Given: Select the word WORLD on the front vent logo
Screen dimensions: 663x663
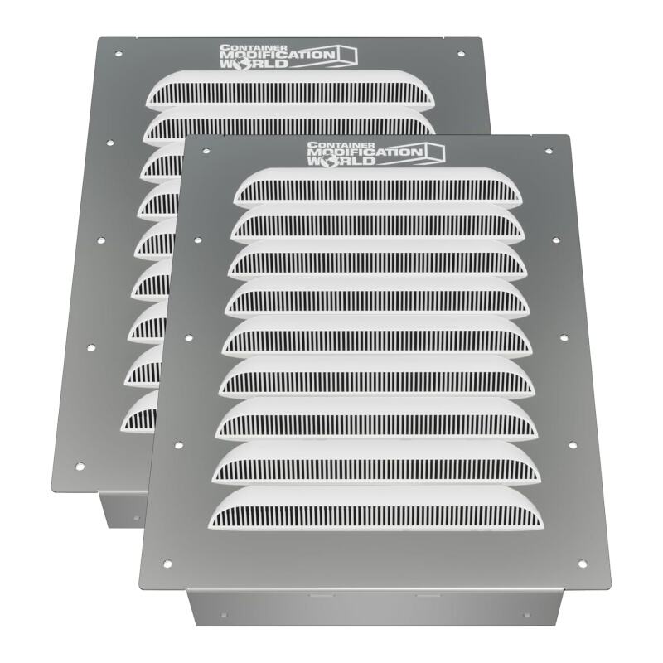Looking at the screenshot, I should [x=327, y=162].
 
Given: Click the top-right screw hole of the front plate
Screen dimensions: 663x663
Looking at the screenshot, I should [x=548, y=152].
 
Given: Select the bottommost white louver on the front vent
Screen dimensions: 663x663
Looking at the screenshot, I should [x=378, y=507].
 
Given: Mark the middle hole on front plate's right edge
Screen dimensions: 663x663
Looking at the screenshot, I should [x=564, y=338].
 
